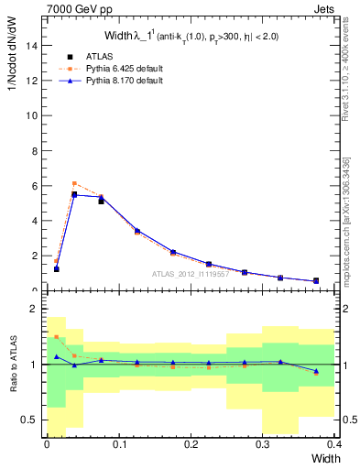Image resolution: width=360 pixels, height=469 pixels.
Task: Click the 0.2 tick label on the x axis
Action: tap(191, 444)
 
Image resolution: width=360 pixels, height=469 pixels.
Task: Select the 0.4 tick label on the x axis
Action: tap(333, 444)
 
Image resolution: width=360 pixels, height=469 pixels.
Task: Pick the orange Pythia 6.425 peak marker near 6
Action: tap(74, 183)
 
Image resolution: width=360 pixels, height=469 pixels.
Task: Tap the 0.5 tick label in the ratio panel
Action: tap(32, 420)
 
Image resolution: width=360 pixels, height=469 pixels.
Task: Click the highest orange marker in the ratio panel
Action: tap(57, 337)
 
